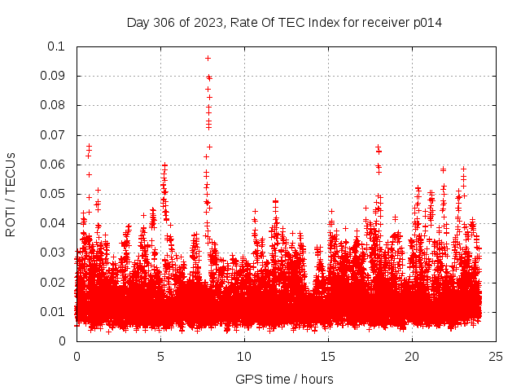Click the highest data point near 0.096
208,58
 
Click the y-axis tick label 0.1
57,46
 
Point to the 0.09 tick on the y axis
54,76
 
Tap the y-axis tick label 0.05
54,194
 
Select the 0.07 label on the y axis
54,135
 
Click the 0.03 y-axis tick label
54,253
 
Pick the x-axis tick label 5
160,357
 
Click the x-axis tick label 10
244,357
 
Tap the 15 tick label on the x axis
328,357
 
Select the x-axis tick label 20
412,357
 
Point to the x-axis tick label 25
496,357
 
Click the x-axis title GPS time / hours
284,379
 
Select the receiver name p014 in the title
427,22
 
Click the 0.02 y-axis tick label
54,282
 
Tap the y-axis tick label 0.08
54,105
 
